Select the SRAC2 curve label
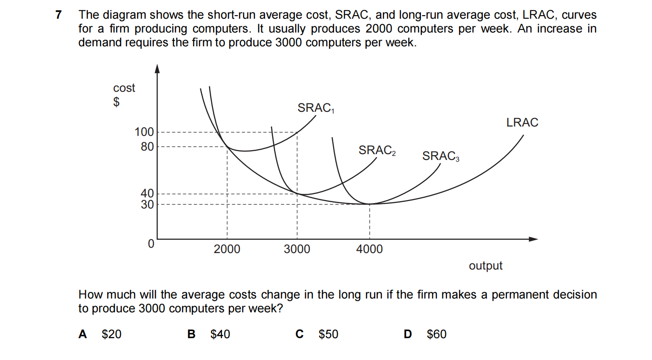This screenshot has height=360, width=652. coord(378,151)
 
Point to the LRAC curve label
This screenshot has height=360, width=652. coord(522,123)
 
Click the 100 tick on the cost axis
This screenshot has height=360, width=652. coord(144,132)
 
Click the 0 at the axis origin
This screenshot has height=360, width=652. coord(151,244)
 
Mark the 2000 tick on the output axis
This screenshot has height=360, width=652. coord(227,250)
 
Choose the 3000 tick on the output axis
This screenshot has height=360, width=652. coord(297,250)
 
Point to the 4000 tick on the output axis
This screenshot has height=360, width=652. coord(369,250)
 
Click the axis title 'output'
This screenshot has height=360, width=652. coord(485,266)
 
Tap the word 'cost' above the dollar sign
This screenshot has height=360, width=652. coord(124,88)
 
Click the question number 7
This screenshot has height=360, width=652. coord(58,15)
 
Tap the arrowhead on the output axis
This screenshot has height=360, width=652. coord(534,239)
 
